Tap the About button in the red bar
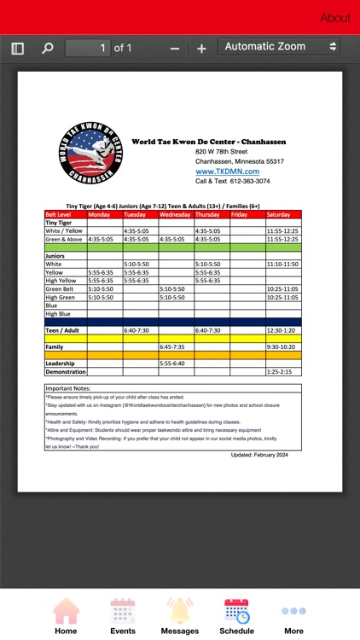(335, 18)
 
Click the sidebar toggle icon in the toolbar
(18, 49)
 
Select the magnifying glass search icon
(48, 49)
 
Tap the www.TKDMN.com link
(227, 172)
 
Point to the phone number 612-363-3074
(245, 181)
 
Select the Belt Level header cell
(65, 214)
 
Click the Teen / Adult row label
(62, 330)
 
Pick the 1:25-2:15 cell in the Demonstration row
(282, 372)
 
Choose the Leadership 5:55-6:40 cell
(176, 364)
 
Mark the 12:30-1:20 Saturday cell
(282, 330)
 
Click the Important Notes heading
(68, 388)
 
